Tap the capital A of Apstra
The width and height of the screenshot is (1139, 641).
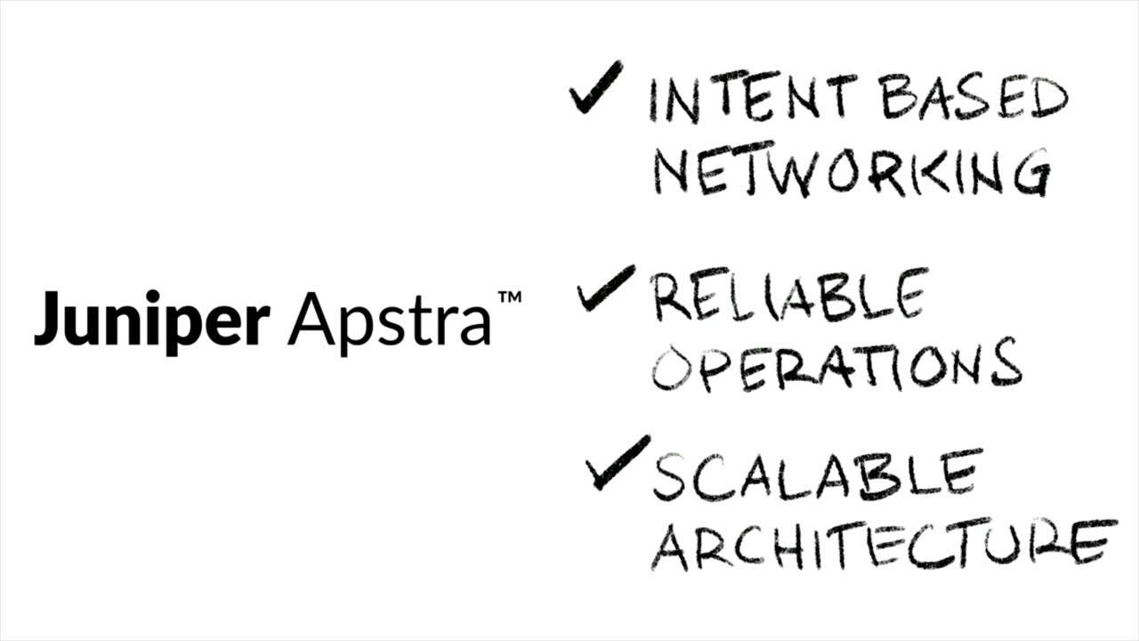coord(308,319)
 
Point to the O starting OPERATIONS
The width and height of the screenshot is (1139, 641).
coord(673,367)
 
